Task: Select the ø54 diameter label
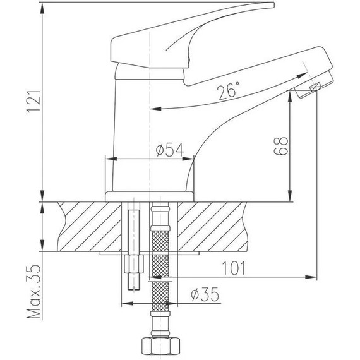coord(169,150)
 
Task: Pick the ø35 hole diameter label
coord(204,294)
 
